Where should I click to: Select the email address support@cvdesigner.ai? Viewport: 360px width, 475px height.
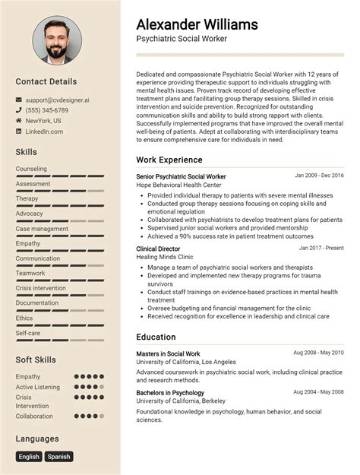pos(57,100)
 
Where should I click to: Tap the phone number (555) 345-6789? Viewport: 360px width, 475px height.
pos(46,110)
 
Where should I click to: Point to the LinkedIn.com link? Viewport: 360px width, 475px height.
pos(44,131)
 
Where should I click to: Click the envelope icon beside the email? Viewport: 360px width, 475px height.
pos(18,100)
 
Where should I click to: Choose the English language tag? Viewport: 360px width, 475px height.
pos(29,457)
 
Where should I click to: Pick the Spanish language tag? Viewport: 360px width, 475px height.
pos(58,457)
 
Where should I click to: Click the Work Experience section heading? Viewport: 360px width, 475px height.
pos(169,160)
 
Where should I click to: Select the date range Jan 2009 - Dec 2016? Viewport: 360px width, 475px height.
pos(319,176)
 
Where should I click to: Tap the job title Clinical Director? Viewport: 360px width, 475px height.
pos(158,249)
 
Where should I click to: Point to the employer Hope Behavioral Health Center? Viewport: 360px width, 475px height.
pos(178,185)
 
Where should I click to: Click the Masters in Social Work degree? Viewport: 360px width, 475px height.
pos(168,353)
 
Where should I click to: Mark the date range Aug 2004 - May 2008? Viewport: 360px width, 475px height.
pos(318,392)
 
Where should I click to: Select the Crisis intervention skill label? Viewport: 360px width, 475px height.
pos(41,288)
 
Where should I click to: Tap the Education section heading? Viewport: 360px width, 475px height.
pos(156,337)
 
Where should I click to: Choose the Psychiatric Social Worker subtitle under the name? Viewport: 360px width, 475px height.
pos(182,38)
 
